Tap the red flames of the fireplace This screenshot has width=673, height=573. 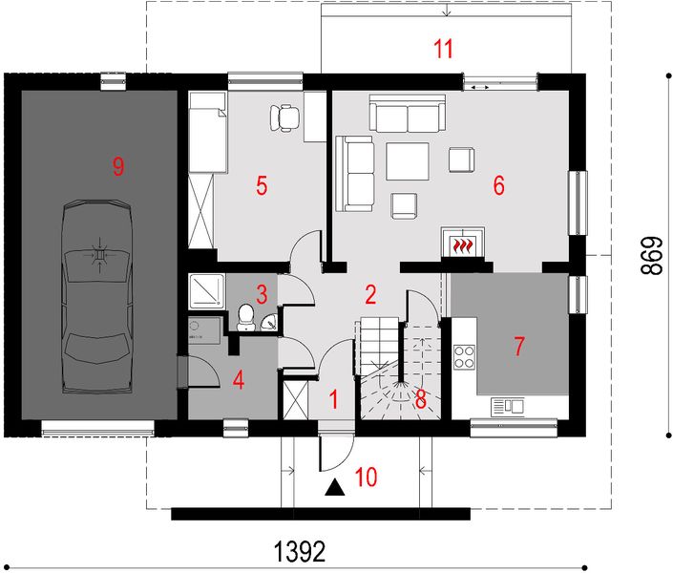[463, 246]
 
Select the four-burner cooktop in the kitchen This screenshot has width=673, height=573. [464, 356]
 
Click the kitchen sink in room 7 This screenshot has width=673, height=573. [508, 407]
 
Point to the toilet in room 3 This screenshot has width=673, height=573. [245, 317]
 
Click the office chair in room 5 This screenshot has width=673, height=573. [284, 117]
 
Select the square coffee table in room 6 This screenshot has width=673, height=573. [408, 160]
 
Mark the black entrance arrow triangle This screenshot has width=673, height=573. [334, 489]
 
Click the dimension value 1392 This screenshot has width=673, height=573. [300, 552]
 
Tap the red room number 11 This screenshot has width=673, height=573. [442, 48]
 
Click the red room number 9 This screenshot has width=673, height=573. [117, 167]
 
